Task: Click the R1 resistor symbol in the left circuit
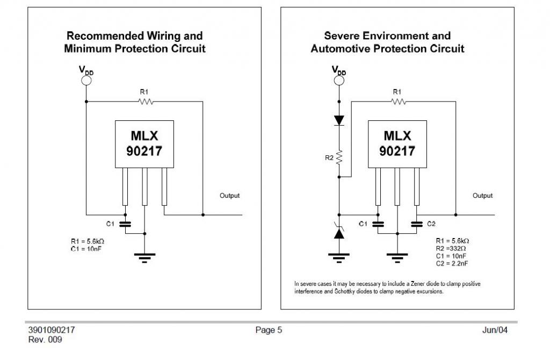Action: pos(145,101)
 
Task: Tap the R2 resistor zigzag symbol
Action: pos(339,158)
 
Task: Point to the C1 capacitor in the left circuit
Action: pos(125,223)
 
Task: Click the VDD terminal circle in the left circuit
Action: pos(86,81)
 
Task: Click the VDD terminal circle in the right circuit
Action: pos(339,81)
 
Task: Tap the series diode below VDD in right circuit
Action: pos(339,119)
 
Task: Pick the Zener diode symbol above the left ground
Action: pos(339,233)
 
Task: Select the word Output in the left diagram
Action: pos(230,196)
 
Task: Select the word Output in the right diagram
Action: pos(482,196)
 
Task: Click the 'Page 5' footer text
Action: pos(269,330)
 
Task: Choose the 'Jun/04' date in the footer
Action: pos(495,330)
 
